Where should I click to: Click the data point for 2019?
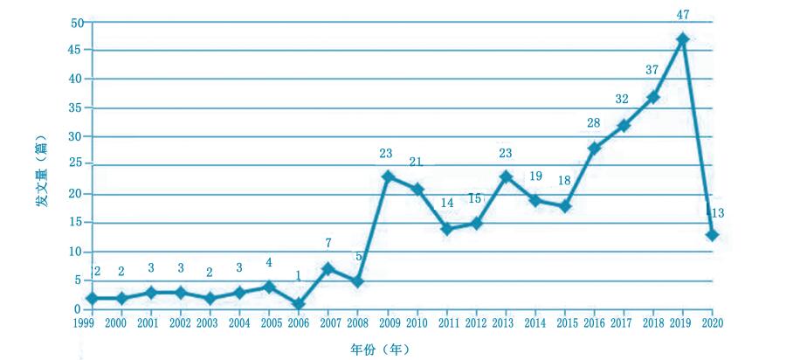[682, 39]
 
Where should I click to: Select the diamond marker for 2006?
[299, 304]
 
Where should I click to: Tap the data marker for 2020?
[712, 235]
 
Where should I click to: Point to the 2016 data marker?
[594, 149]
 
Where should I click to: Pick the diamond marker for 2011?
[446, 229]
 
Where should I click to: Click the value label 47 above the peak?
[682, 15]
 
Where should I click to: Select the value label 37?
[652, 70]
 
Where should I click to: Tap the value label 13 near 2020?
[718, 213]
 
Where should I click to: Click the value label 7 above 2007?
[328, 243]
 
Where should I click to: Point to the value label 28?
[593, 123]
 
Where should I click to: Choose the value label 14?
[446, 204]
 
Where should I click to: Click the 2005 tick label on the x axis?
[269, 323]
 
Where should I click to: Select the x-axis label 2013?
[505, 323]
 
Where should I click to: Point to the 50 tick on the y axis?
[78, 22]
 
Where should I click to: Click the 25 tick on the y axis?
[78, 164]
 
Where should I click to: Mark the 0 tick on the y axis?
[80, 309]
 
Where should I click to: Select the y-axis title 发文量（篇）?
[41, 167]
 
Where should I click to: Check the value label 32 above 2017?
[623, 100]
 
